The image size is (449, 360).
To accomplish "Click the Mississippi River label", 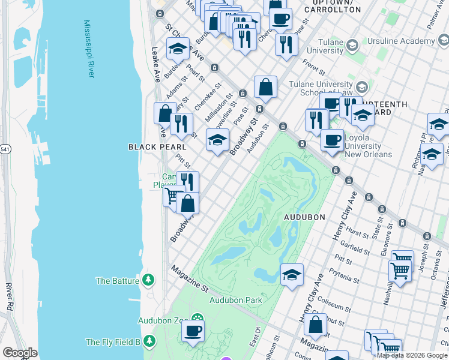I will click(x=89, y=49).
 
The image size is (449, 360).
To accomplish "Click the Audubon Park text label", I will click(x=236, y=299).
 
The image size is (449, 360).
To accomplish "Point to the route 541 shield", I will click(x=5, y=148).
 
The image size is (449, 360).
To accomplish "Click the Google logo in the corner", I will click(x=20, y=353).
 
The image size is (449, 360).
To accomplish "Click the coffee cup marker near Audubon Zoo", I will click(x=193, y=330).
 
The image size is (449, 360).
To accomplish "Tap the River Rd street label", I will click(x=8, y=297).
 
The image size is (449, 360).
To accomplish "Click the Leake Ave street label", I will click(x=157, y=64).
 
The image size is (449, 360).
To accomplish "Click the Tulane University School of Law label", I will click(x=321, y=88).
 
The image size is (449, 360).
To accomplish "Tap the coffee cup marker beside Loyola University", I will click(x=331, y=140).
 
